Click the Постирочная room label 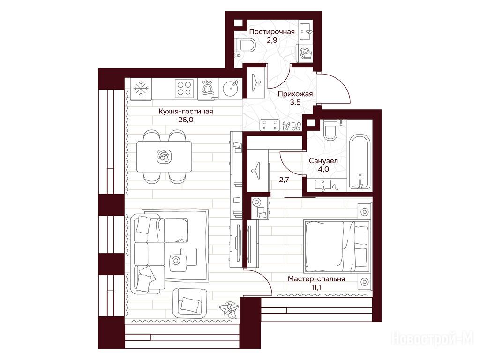point(272,32)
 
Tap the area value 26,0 point(186,120)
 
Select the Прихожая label point(295,94)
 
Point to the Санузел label point(323,160)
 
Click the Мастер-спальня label point(316,279)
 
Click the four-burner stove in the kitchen point(184,88)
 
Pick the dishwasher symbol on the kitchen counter point(208,89)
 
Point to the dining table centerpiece point(164,156)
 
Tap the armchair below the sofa point(190,303)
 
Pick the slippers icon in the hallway point(291,125)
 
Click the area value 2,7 point(284,180)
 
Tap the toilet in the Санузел point(330,130)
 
